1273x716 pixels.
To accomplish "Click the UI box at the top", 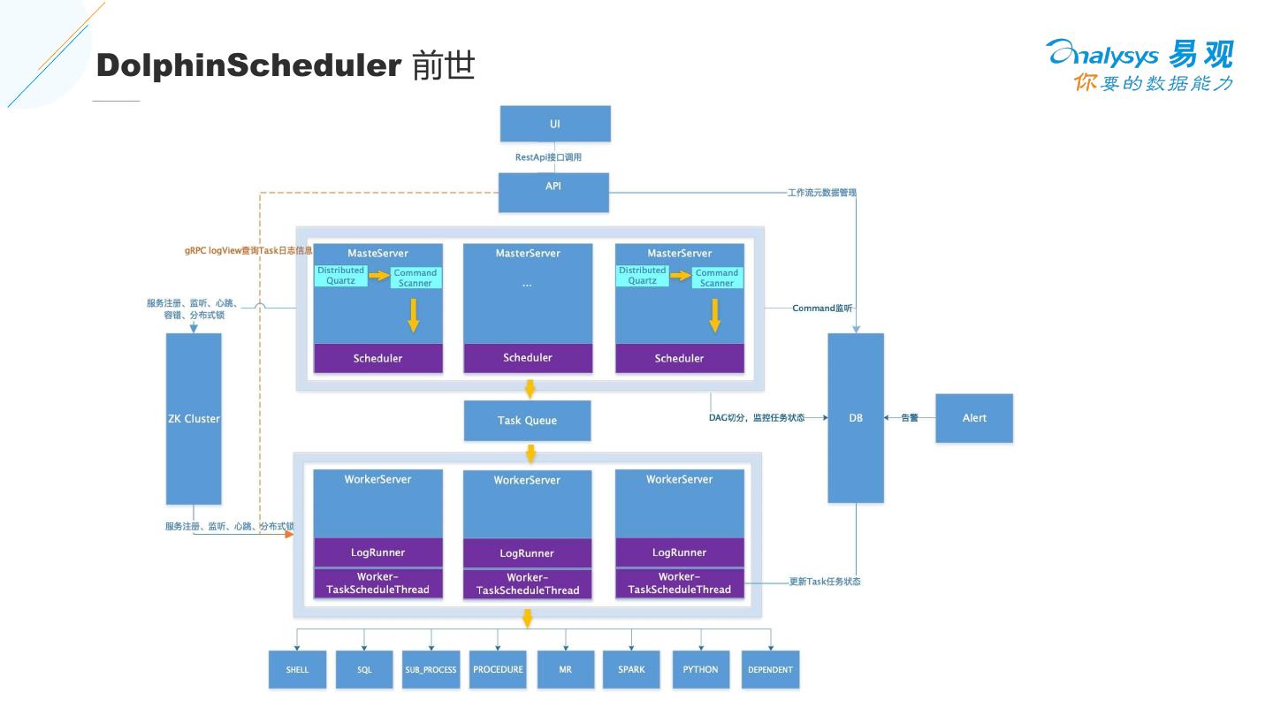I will tap(555, 124).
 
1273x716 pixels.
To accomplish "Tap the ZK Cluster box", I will tap(194, 418).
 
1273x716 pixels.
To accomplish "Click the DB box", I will tap(856, 417).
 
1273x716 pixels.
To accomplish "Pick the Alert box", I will tap(974, 417).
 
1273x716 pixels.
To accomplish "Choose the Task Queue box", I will tap(527, 421).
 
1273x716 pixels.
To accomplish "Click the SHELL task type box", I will tap(298, 669).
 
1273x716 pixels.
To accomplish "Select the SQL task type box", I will tap(364, 669).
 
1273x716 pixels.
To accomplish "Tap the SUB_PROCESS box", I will tap(431, 669).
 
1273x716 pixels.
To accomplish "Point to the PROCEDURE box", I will tap(498, 669).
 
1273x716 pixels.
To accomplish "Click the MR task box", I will tap(565, 669).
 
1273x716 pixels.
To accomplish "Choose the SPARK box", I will tap(631, 669).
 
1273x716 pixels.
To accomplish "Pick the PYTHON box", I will tap(700, 669).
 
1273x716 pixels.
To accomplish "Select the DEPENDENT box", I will tap(770, 669).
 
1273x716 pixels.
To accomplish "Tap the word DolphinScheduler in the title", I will tap(248, 65).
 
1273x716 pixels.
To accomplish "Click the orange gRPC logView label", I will tap(248, 251).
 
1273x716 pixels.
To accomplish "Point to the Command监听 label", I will tap(822, 308).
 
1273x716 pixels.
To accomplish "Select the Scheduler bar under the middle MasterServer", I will tap(528, 358).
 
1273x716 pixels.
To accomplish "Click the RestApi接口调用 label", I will tap(548, 157).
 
